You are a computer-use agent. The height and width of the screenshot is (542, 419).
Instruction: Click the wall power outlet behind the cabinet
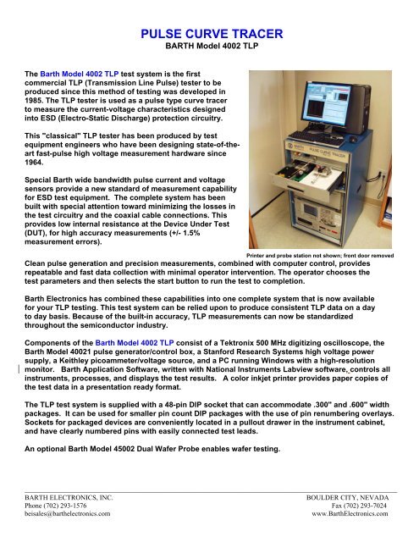click(x=383, y=177)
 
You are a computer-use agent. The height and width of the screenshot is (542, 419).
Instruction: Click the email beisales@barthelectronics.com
click(x=72, y=512)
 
